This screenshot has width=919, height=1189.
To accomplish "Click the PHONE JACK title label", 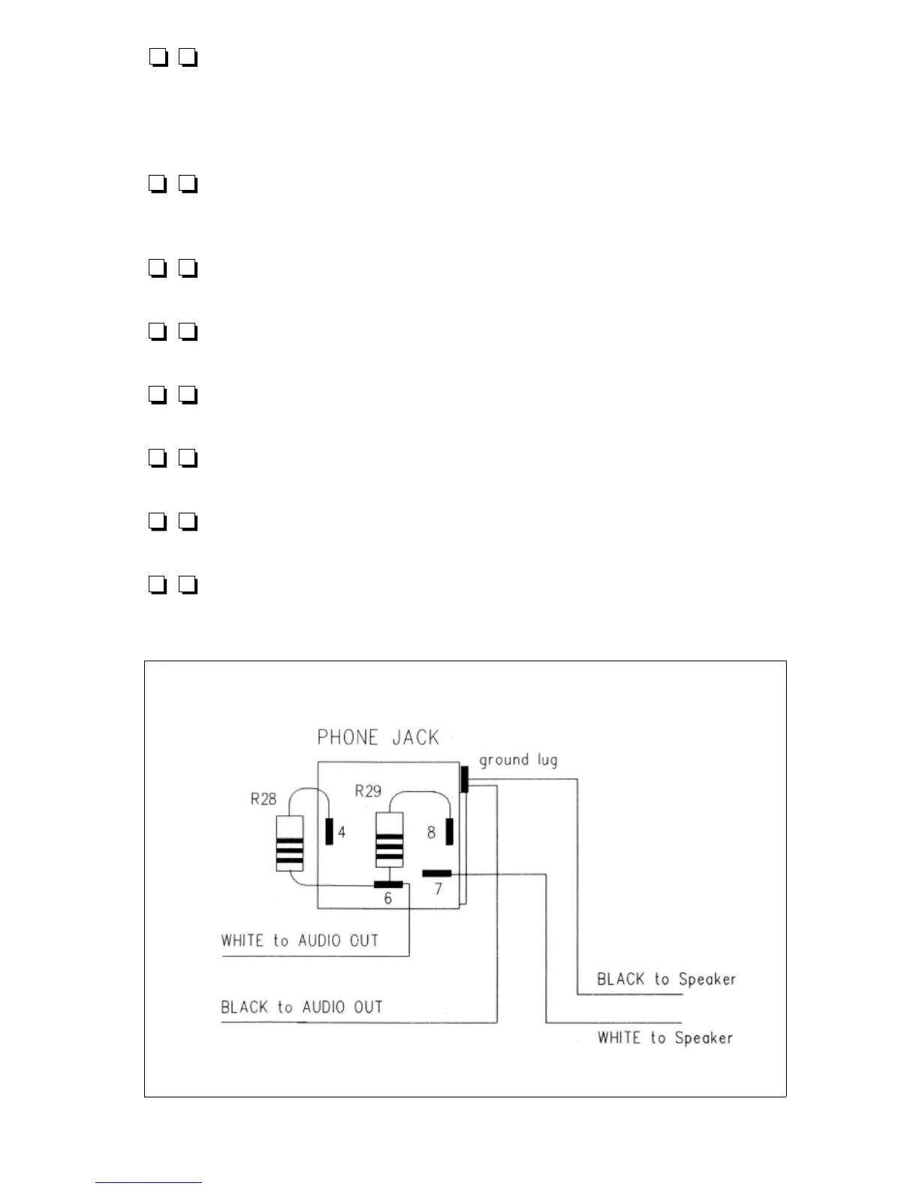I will [x=378, y=737].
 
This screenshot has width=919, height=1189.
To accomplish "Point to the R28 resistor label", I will [x=264, y=799].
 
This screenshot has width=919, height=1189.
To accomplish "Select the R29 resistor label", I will [x=368, y=790].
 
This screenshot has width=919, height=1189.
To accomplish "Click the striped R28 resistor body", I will [x=290, y=843].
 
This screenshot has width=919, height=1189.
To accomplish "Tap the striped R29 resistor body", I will [x=389, y=840].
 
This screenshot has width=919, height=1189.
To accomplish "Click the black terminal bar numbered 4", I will [x=329, y=831].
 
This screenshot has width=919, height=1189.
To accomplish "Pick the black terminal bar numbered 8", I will [x=450, y=831].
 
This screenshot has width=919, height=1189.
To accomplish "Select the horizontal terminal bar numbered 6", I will [x=388, y=884].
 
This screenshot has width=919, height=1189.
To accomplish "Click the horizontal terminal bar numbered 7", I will [x=436, y=873].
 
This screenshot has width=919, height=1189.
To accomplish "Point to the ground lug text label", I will [x=518, y=760].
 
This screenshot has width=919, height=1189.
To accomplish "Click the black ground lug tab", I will [x=465, y=779].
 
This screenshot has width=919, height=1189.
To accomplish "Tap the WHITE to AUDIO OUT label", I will [x=300, y=941].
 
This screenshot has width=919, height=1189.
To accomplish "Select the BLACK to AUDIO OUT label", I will [x=301, y=1007].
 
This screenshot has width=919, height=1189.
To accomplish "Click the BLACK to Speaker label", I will [x=666, y=979].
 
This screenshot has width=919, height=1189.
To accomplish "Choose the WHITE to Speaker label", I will [x=665, y=1037].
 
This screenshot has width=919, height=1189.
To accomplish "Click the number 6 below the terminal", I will [x=387, y=899].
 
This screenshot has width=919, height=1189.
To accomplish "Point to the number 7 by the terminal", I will [x=438, y=889].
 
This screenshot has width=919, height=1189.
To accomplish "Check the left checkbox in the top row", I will [x=157, y=57].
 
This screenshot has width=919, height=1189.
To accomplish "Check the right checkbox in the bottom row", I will [x=188, y=585].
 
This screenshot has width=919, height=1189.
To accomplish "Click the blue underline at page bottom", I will [x=149, y=1183].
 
